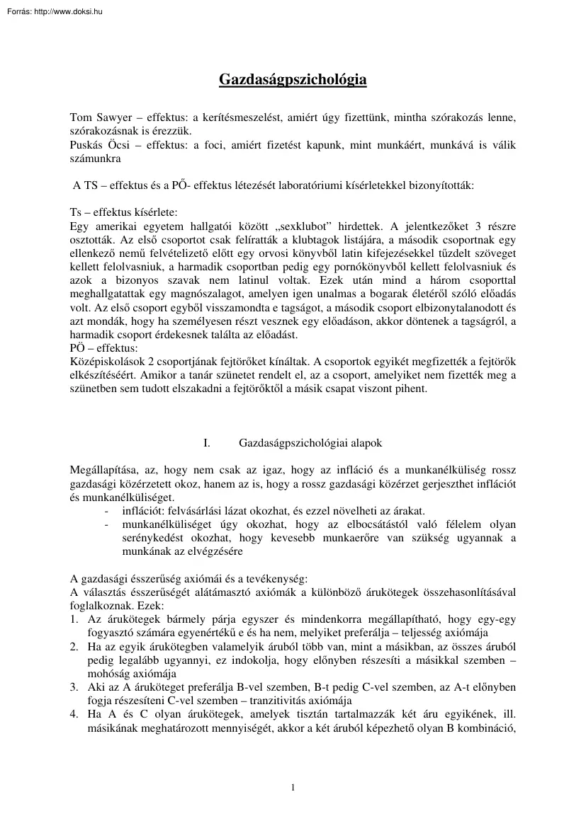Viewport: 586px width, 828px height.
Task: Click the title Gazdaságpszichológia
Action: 293,79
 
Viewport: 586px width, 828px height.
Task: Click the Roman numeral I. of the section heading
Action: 207,443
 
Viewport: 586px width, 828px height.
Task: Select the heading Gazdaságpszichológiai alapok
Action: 310,443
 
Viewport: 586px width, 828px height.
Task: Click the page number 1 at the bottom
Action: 293,786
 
